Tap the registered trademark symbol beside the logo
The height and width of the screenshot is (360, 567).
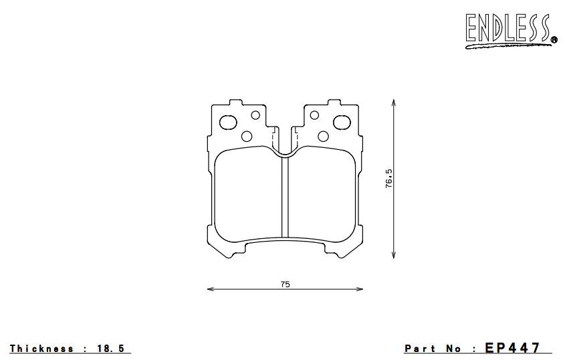554,40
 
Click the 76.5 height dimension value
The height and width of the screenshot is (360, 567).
388,179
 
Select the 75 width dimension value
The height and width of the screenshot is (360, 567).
286,284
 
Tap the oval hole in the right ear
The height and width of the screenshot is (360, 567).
342,122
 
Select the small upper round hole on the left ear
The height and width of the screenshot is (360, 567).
255,115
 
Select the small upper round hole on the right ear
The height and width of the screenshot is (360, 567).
316,115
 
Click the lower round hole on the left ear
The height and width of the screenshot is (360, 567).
247,137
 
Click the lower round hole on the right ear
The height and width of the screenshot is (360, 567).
324,137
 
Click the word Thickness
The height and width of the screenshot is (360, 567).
41,349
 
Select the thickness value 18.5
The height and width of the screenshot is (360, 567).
110,349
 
